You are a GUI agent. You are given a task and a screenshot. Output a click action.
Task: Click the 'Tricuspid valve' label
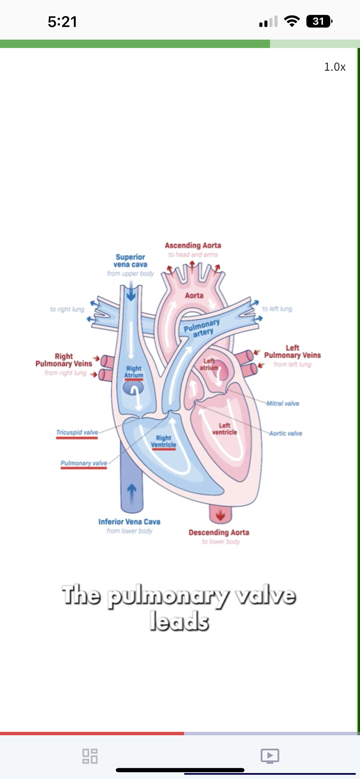77,432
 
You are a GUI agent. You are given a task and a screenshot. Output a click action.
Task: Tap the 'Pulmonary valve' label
84,463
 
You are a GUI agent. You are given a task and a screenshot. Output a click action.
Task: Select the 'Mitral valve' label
283,404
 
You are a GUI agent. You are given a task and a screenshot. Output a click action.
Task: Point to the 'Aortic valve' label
286,434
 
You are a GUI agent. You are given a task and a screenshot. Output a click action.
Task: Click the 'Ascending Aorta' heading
193,245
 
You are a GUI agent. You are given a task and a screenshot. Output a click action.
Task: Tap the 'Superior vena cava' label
131,261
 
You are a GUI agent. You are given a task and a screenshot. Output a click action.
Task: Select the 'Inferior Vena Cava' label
129,522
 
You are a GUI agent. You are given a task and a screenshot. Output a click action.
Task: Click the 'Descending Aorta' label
219,532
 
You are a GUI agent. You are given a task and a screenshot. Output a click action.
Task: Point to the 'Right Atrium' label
134,372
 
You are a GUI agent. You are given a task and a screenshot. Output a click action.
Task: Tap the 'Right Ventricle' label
164,441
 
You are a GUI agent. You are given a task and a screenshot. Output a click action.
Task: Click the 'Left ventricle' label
224,428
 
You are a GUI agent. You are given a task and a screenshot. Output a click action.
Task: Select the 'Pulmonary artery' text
202,328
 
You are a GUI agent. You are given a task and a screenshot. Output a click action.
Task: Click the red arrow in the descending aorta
221,515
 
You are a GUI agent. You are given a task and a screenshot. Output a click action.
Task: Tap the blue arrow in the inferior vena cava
132,490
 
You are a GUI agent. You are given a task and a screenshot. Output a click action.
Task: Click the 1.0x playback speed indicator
335,67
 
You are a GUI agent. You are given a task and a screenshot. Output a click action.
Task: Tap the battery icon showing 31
319,21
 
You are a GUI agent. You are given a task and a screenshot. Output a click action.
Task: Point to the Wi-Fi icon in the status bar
292,21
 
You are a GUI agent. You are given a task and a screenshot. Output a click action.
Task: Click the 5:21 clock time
62,21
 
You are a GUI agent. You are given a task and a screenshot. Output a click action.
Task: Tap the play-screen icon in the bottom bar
270,756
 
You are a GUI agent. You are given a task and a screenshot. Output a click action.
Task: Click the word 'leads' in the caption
180,621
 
